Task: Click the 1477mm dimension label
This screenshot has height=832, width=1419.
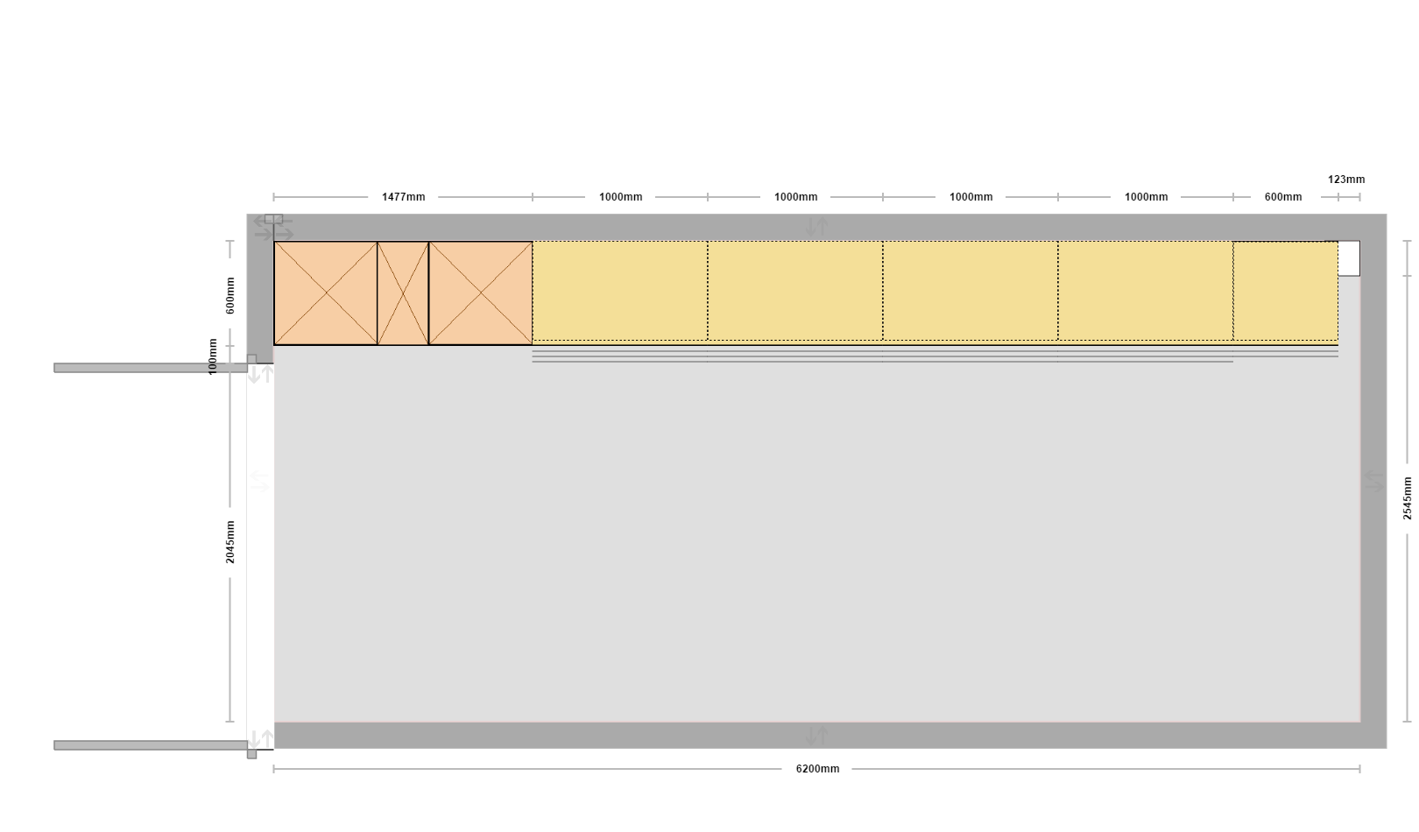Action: [403, 197]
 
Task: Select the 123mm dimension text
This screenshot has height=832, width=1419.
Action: [1346, 180]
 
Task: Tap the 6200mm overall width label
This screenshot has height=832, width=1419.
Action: [817, 769]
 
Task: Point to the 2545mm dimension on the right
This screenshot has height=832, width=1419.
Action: [1407, 498]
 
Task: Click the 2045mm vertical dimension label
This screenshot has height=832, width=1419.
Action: [230, 542]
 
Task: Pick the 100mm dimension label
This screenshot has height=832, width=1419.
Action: [213, 356]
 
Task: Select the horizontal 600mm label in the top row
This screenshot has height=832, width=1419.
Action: [1283, 197]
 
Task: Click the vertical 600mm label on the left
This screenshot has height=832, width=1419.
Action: [230, 295]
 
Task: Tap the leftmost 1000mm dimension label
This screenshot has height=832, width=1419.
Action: [620, 197]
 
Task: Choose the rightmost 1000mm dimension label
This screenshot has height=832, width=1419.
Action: [1146, 197]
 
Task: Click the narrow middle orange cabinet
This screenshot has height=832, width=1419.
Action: [403, 293]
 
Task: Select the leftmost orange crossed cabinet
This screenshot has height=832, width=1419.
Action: [326, 293]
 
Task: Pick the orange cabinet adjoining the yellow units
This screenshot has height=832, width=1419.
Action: [480, 293]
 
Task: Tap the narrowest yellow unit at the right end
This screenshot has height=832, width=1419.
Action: [1285, 292]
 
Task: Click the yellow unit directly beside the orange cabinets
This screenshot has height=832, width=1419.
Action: [620, 292]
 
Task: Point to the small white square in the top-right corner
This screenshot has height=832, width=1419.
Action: [1349, 258]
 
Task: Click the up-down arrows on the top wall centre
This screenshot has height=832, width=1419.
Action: [816, 227]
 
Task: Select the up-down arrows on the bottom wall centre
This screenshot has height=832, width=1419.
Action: [816, 736]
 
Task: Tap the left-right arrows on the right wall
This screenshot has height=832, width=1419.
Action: [1373, 481]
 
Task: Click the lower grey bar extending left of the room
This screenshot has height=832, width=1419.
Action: [151, 745]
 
